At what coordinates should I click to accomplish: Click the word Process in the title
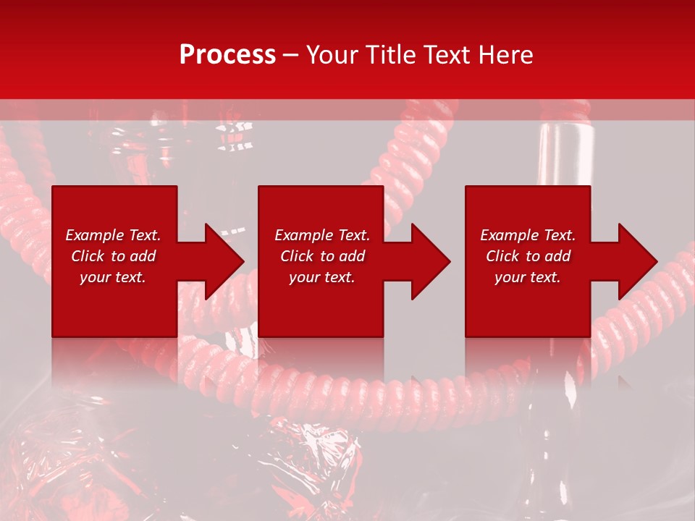click(x=227, y=55)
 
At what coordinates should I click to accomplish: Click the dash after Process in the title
click(x=291, y=56)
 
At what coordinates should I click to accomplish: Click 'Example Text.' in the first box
click(x=114, y=235)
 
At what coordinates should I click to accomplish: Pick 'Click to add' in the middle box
click(x=322, y=256)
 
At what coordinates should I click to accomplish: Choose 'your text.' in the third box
click(x=528, y=277)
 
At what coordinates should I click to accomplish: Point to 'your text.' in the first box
click(x=114, y=277)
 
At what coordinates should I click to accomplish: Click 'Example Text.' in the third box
click(x=528, y=235)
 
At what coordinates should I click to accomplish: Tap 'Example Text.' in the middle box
click(x=322, y=235)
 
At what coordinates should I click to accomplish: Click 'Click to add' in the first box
click(x=114, y=256)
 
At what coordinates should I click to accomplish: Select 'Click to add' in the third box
click(x=528, y=256)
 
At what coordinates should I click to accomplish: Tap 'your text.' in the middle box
click(x=322, y=277)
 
